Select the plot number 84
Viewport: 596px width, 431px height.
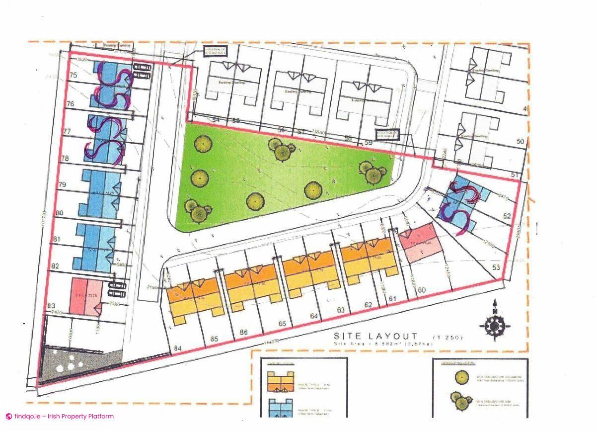coord(178,348)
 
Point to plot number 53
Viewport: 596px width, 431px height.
coord(495,267)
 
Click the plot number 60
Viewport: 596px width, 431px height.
coord(422,290)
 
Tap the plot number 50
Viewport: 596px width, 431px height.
coord(520,142)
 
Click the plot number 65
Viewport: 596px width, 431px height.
coord(283,324)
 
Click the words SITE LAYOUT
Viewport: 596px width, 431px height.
coord(375,337)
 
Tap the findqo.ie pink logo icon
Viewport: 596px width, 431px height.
coord(8,417)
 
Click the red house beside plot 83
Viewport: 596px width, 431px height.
coord(85,297)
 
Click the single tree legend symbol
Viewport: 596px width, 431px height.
coord(462,377)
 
